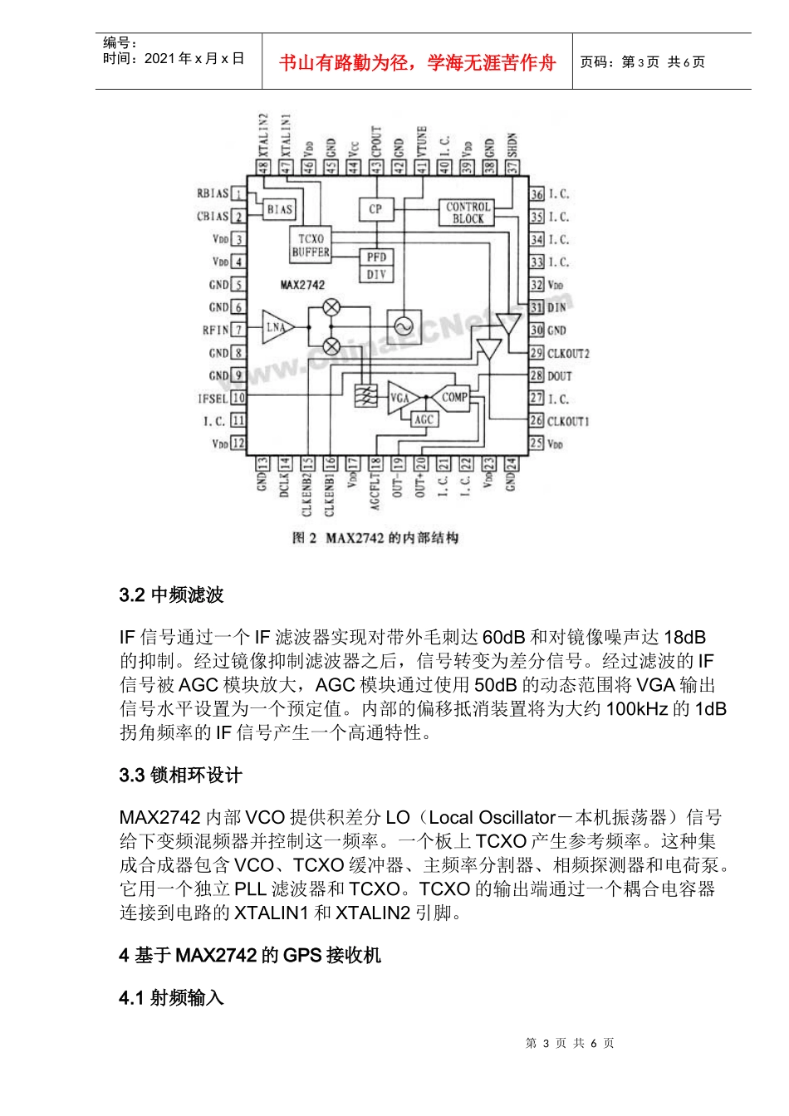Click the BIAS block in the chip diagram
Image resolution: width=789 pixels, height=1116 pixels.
pos(280,209)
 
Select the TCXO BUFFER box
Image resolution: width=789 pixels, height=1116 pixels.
pos(311,245)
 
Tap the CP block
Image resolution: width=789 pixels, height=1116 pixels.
pos(375,209)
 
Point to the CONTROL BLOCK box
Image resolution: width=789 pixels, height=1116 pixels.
pos(468,213)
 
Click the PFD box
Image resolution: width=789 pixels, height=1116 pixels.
pos(376,257)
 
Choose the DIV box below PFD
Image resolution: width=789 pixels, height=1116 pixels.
pos(376,274)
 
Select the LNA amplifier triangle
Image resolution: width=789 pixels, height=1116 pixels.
pos(276,327)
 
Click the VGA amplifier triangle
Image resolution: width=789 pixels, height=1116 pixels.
pos(400,398)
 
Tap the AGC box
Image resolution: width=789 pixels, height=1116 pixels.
pos(424,419)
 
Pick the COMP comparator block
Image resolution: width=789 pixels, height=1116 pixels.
pos(453,397)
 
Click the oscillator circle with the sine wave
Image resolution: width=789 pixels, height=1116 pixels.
pos(404,326)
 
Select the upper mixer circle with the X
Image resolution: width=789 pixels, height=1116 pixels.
pos(331,307)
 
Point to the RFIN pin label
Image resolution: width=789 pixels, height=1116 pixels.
pos(215,330)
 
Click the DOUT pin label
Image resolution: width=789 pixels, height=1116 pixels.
pos(559,375)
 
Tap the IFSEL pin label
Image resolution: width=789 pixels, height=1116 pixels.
pos(212,399)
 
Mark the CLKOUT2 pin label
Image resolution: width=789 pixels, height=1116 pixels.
pos(568,353)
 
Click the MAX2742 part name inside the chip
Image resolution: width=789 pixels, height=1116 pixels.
pos(302,285)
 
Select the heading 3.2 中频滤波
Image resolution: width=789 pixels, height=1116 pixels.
pos(171,595)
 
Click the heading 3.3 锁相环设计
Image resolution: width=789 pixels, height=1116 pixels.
pos(180,775)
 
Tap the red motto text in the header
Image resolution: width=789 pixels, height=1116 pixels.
pos(417,63)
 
